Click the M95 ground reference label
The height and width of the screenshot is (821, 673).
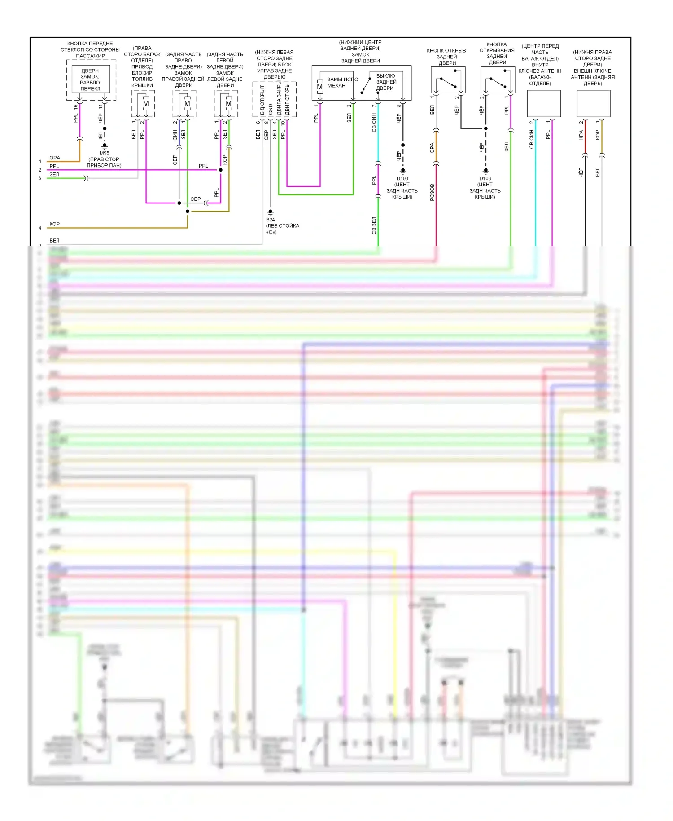104,153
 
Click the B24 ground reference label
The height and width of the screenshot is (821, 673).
270,220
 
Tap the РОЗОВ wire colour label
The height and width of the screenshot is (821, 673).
432,192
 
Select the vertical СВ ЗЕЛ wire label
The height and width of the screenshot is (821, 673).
374,225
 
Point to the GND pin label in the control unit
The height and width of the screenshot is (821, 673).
271,109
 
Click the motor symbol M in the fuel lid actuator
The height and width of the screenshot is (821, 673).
146,104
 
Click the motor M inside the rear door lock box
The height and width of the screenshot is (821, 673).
319,87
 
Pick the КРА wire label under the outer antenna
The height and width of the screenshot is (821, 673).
581,135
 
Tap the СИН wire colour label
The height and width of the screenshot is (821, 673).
175,135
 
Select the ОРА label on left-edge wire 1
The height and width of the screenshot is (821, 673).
55,158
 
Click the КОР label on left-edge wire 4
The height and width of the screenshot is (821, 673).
54,224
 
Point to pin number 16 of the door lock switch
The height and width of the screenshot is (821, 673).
75,107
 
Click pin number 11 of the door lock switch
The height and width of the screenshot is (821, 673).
101,107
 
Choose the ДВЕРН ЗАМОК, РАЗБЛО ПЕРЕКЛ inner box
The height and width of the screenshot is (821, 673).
91,79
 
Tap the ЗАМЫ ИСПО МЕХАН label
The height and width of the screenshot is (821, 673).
342,82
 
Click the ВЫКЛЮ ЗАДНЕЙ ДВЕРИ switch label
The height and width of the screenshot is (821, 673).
386,82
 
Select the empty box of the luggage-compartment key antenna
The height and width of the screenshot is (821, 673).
543,104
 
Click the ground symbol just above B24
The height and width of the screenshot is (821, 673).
270,212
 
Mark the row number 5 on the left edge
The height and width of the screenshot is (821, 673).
40,244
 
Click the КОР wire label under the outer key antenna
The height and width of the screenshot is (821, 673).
597,135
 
